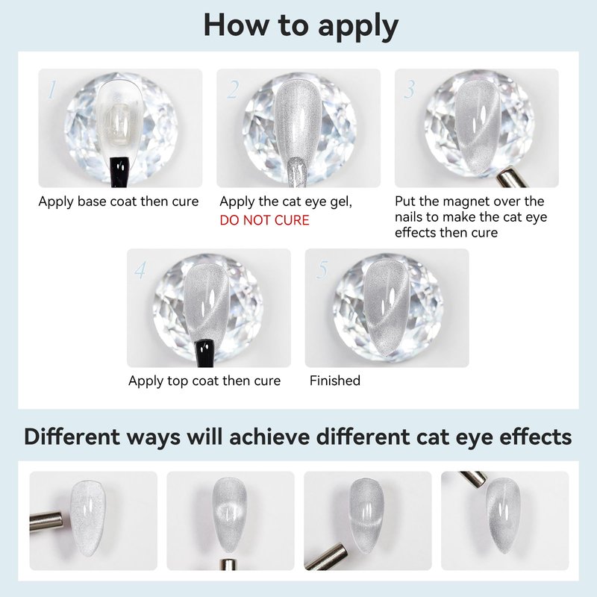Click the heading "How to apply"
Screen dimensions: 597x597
(x=301, y=26)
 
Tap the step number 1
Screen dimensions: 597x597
(x=51, y=90)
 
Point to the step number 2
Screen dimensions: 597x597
(x=233, y=90)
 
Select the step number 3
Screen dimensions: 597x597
(x=410, y=90)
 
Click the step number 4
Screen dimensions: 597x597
(x=140, y=270)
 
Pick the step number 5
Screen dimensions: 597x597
(x=322, y=270)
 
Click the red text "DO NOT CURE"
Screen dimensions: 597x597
(x=265, y=220)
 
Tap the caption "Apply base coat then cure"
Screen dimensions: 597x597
(x=119, y=201)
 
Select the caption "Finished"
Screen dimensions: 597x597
(x=334, y=381)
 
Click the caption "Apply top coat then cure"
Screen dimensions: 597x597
(x=204, y=381)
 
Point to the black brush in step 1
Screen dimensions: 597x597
(x=119, y=172)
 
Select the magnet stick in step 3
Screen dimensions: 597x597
(x=512, y=179)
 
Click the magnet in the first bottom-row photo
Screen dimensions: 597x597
(x=46, y=521)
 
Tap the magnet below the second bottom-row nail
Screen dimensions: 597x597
(x=228, y=564)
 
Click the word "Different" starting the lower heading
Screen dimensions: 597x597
(x=72, y=437)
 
